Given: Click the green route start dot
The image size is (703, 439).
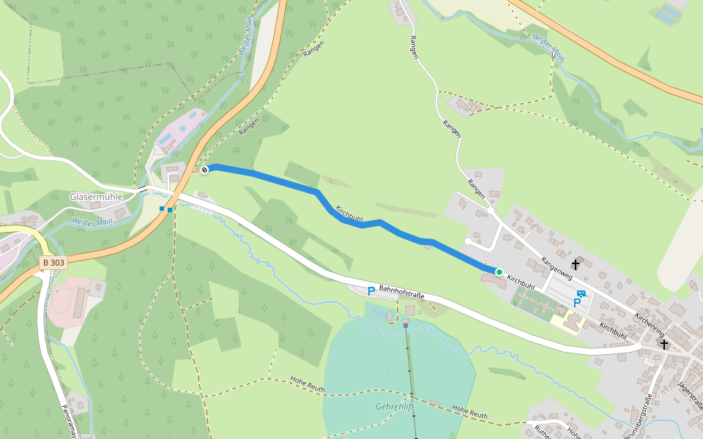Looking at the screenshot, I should [499, 272].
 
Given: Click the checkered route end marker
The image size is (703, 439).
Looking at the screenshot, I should [205, 170].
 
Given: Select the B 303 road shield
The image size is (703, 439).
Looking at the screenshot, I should [53, 262].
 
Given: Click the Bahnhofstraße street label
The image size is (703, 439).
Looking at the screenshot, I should [401, 292].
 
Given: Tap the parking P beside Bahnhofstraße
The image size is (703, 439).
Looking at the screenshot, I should [371, 291].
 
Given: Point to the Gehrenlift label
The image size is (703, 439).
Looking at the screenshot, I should [395, 406].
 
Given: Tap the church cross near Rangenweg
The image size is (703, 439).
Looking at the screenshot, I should [576, 264].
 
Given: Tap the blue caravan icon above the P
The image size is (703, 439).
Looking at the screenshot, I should [581, 294].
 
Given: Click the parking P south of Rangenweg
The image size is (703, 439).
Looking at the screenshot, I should [577, 303].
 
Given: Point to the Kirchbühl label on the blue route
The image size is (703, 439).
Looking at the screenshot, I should [349, 213].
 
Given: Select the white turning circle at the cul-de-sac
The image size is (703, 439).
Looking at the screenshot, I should [468, 241].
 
